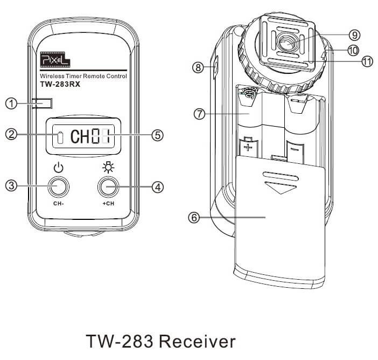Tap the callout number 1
[x=11, y=103]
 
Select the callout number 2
[x=11, y=135]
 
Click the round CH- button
[x=58, y=187]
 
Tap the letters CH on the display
[x=81, y=136]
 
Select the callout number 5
[x=157, y=135]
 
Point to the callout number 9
[x=354, y=34]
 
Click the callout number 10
[x=354, y=50]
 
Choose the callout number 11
[x=367, y=61]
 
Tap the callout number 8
[x=198, y=67]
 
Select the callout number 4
[x=157, y=187]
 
